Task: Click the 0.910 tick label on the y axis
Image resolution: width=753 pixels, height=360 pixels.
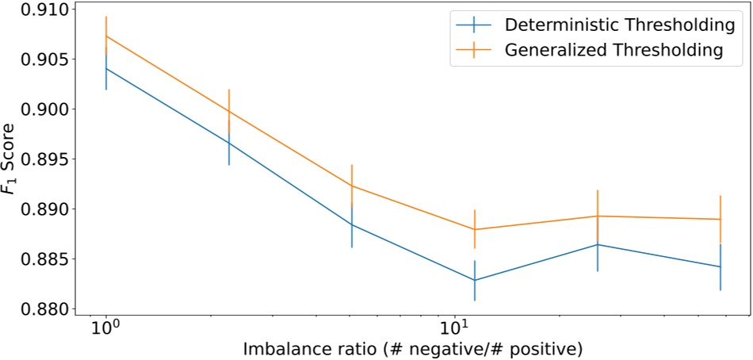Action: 37,10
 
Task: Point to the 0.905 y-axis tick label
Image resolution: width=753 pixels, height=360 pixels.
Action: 37,59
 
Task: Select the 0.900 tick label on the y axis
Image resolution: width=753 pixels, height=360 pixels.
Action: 37,109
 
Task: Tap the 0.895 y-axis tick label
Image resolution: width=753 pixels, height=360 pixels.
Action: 37,159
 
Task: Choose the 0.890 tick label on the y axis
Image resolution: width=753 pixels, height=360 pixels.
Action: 37,209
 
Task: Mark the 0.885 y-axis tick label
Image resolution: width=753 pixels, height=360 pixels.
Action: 37,259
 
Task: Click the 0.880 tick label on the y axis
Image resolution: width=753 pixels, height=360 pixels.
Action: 37,309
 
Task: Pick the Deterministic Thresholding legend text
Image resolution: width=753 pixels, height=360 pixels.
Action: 619,25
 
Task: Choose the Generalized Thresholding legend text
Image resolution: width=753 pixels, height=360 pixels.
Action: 613,49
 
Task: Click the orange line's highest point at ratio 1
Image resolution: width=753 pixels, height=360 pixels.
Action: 105,36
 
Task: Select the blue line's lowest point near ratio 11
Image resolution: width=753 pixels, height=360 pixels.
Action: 475,280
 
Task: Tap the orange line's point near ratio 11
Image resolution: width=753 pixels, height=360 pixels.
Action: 475,229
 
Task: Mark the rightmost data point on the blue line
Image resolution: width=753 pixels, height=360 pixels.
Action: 721,266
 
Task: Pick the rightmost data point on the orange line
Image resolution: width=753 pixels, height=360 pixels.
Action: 721,219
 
